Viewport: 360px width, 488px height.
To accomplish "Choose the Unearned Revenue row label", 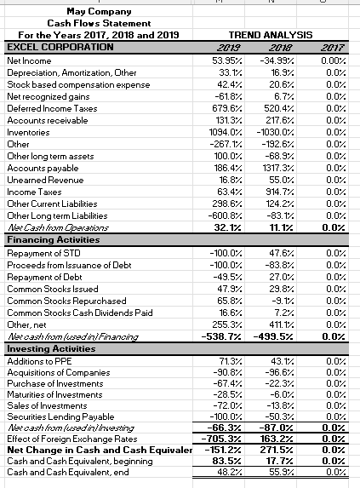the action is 43,181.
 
